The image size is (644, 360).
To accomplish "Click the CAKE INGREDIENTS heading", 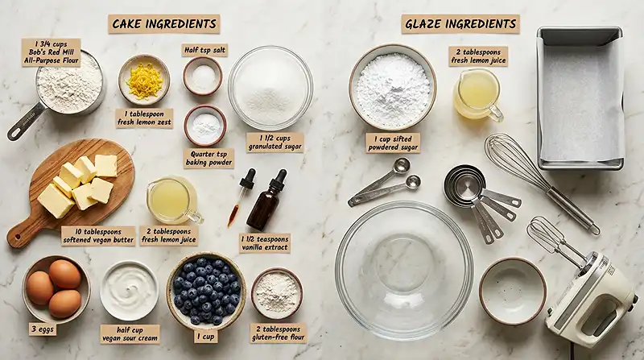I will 163,23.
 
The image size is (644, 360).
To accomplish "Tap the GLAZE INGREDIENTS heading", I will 460,23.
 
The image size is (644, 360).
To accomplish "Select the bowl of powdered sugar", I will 392,86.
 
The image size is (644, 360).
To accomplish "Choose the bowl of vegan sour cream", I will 130,290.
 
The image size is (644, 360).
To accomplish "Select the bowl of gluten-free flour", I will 276,293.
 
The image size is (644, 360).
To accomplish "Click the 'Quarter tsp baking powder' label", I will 207,157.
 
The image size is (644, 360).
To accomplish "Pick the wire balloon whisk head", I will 515,161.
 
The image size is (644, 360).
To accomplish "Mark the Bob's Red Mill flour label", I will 52,51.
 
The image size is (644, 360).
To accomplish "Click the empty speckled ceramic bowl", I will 512,291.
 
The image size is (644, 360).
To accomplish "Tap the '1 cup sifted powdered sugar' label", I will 393,143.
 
